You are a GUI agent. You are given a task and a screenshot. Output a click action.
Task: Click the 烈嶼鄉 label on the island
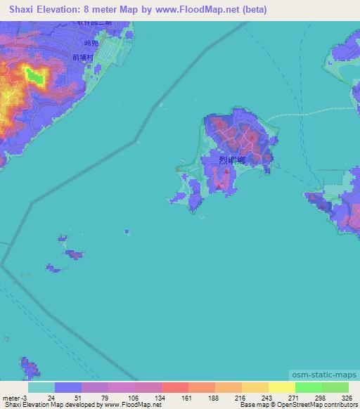[231, 160]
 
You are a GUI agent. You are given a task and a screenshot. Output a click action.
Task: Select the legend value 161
[175, 397]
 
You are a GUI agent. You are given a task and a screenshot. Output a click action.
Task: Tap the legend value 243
[255, 397]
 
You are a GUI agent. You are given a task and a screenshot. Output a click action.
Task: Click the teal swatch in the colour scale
[41, 387]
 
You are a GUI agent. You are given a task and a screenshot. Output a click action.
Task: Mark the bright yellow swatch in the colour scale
[282, 387]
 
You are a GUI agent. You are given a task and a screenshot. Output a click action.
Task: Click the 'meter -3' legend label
[13, 397]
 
